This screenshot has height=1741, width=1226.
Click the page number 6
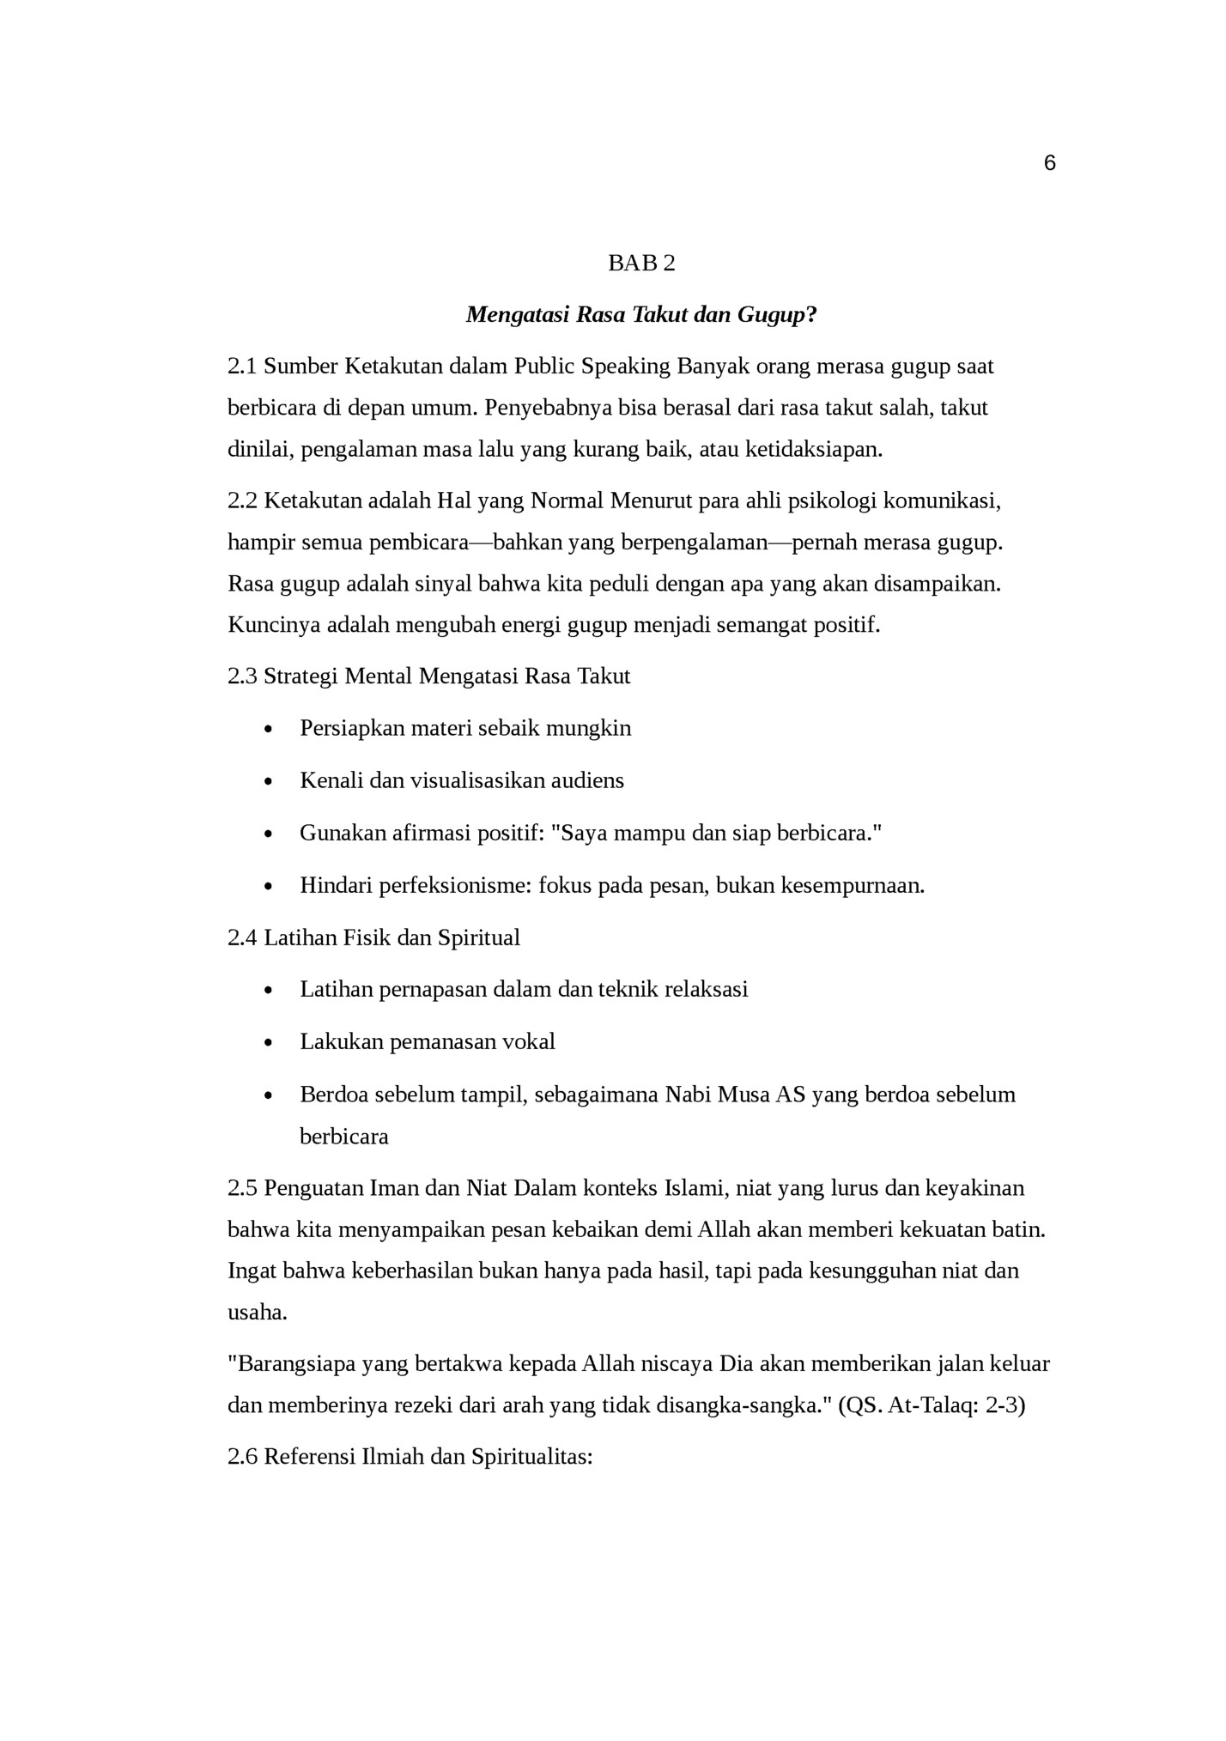(x=1049, y=163)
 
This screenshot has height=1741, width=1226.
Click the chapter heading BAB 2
(x=641, y=264)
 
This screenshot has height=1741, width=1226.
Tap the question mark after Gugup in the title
(x=811, y=315)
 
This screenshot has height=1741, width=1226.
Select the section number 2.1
(x=242, y=367)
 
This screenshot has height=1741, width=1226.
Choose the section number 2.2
(x=242, y=500)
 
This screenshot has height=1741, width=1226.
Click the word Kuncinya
(x=266, y=625)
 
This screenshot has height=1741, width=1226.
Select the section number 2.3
(x=242, y=676)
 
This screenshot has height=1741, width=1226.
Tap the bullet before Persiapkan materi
(x=269, y=731)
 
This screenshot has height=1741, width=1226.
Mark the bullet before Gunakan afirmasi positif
(x=269, y=834)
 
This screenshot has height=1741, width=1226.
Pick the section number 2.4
(x=242, y=937)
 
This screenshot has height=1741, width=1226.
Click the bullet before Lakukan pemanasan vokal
(x=269, y=1044)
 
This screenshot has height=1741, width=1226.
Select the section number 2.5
(x=242, y=1188)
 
